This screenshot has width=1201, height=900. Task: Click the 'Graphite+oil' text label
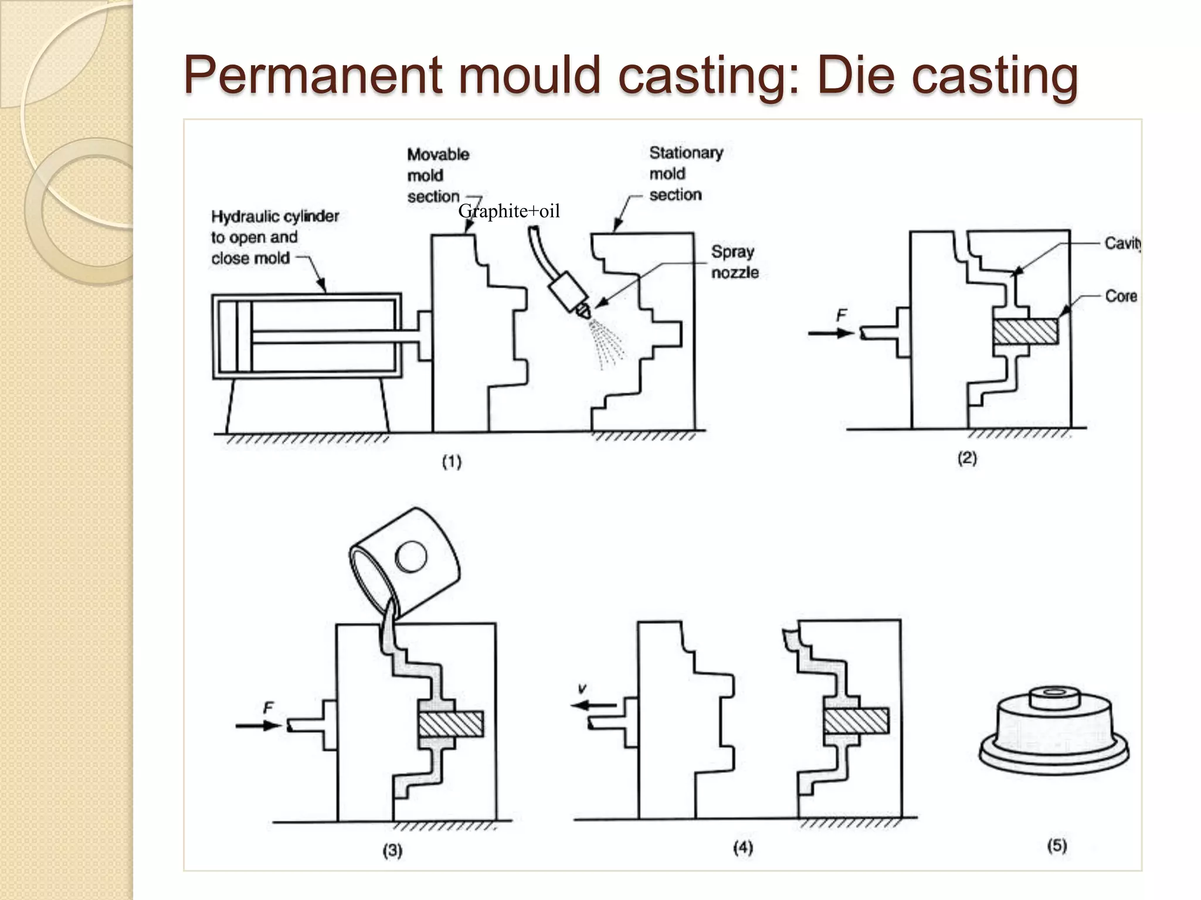[508, 211]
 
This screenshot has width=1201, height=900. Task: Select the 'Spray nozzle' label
[734, 262]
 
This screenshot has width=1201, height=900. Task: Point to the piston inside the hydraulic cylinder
[244, 336]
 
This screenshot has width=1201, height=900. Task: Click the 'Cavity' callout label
[1122, 243]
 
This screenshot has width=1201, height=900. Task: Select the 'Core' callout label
[1121, 296]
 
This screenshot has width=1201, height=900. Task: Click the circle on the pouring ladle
[410, 556]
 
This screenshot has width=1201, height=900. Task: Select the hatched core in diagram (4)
[856, 721]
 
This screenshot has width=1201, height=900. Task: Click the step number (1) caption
[452, 462]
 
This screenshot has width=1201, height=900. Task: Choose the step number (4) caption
[742, 847]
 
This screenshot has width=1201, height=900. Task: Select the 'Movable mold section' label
[437, 175]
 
